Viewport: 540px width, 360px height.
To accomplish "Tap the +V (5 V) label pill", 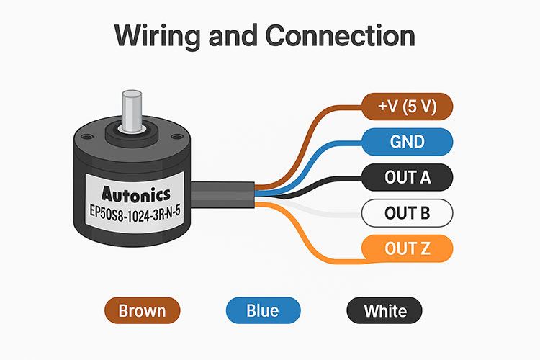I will (406, 107).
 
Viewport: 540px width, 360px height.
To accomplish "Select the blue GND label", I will (407, 142).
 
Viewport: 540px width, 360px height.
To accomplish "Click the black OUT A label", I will (407, 177).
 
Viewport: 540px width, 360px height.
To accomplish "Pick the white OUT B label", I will (407, 212).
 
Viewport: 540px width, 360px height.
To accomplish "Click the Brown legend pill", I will (141, 311).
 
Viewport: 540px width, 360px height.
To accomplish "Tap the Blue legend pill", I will (262, 311).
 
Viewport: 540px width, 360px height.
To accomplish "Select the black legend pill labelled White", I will (384, 311).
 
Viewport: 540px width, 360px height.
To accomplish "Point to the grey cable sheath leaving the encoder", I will (223, 196).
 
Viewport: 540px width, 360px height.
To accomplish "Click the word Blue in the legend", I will (262, 311).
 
